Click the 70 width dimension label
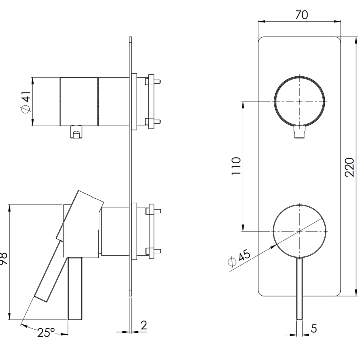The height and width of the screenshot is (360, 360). coord(302,15)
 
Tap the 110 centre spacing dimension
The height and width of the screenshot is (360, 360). coord(236,166)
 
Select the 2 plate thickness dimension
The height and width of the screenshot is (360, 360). coord(144,325)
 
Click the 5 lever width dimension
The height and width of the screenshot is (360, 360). coord(314,328)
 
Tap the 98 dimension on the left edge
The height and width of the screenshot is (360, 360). coord(3,258)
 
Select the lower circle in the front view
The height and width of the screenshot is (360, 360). coord(299,231)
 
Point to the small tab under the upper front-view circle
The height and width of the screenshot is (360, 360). coord(299,132)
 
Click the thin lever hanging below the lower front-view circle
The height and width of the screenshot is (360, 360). coord(299,288)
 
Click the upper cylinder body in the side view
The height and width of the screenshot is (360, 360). coord(78,101)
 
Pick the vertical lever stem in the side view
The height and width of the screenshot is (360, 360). coord(75,288)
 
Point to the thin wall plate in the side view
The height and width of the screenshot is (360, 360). coord(130,160)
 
